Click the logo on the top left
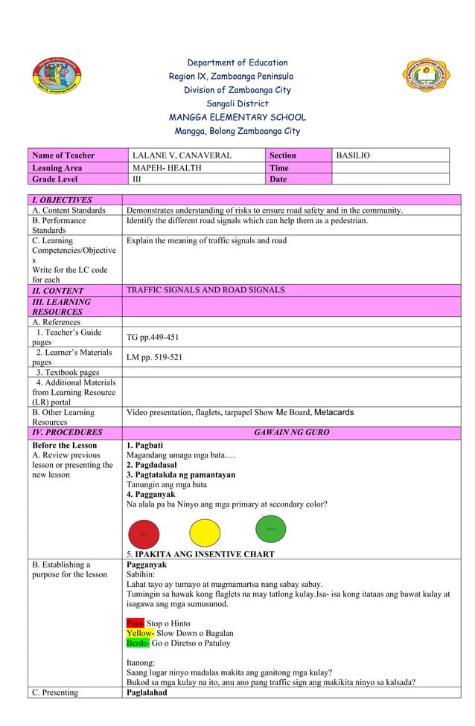pos(56,80)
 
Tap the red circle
pos(144,533)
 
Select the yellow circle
pos(205,533)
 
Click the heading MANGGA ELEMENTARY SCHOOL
pos(237,118)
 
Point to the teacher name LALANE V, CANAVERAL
pos(182,155)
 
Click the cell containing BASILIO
pos(353,155)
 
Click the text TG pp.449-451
pos(153,337)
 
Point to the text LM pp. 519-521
pos(154,357)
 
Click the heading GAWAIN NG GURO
pos(291,432)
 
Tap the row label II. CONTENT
pos(58,291)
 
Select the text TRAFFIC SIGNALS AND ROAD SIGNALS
pos(205,290)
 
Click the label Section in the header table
pos(282,155)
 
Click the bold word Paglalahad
pos(147,693)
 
